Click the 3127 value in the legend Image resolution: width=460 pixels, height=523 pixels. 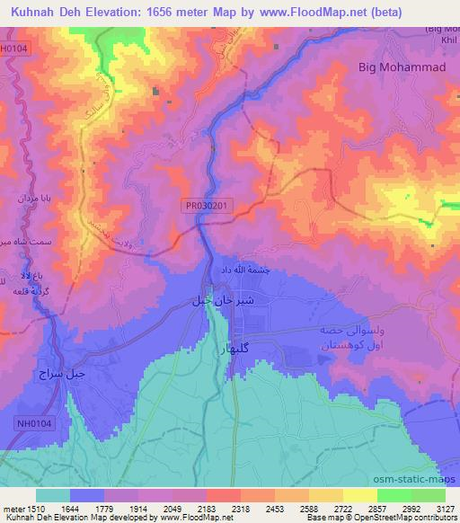pos(444,509)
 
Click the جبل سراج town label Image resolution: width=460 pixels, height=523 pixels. pos(60,372)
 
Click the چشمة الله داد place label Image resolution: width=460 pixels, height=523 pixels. pos(241,270)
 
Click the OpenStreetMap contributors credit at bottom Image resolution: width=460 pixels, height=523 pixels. pos(406,519)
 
